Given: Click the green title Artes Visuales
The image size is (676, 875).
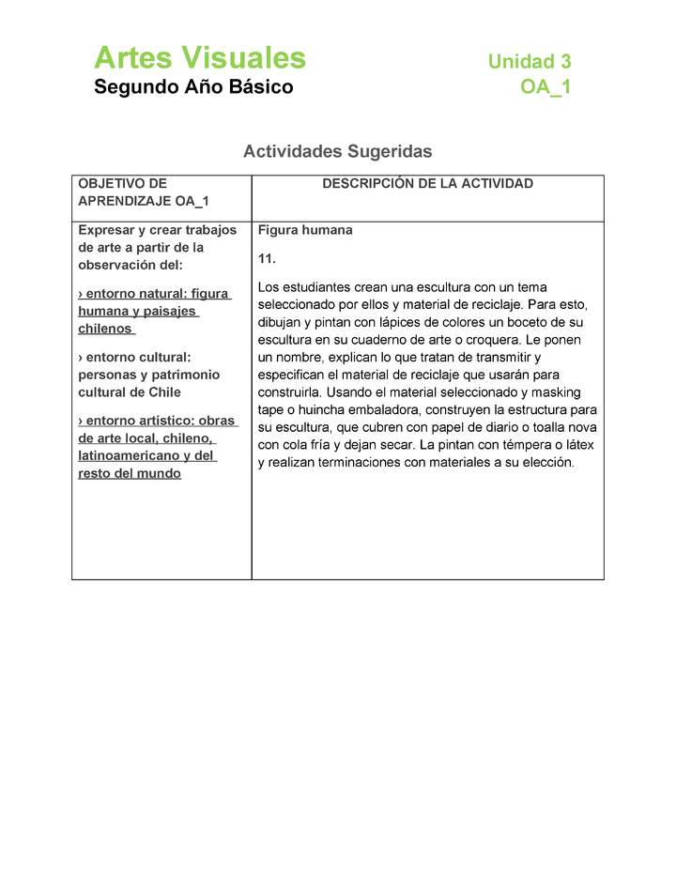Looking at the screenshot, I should tap(199, 58).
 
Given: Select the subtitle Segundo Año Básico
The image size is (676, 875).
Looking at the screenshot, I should tap(193, 87).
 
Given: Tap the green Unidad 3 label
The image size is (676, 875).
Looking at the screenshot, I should tap(529, 62).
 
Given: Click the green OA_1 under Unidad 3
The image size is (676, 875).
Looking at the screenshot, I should tap(545, 87).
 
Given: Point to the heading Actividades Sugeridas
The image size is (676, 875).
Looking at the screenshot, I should tap(337, 151).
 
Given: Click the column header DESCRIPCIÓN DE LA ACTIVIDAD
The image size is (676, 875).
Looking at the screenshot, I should tap(427, 184).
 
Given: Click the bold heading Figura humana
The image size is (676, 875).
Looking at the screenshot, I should tap(305, 230).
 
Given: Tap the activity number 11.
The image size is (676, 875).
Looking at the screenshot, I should tap(267, 258).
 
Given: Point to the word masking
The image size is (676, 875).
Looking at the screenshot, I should tap(555, 392).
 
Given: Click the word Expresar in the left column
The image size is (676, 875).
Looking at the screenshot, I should tap(105, 230).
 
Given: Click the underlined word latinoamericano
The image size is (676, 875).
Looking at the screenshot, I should tap(126, 455).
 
